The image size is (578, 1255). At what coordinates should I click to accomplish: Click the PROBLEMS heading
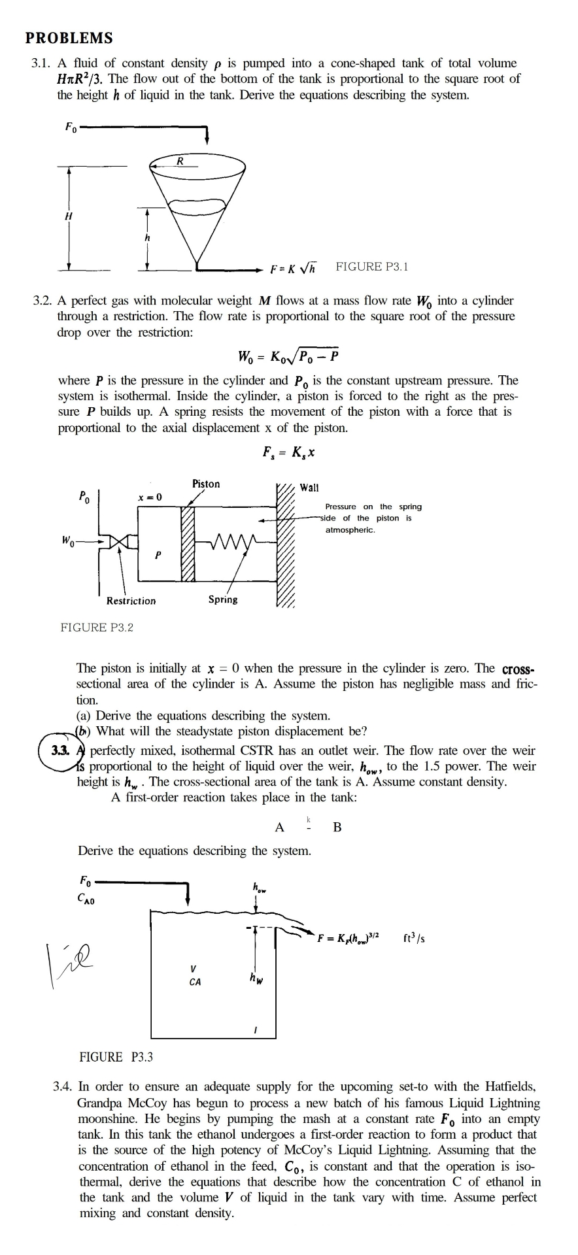pyautogui.click(x=69, y=38)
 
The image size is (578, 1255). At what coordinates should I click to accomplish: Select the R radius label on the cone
pyautogui.click(x=181, y=160)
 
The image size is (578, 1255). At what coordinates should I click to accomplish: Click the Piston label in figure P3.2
pyautogui.click(x=206, y=484)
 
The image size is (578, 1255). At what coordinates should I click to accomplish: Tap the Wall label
pyautogui.click(x=309, y=487)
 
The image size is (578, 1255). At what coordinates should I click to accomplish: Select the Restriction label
pyautogui.click(x=131, y=601)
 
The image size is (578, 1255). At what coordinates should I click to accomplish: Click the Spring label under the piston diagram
pyautogui.click(x=223, y=599)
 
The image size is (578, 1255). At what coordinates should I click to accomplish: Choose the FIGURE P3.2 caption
pyautogui.click(x=97, y=627)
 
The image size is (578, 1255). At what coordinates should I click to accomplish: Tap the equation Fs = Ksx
pyautogui.click(x=289, y=452)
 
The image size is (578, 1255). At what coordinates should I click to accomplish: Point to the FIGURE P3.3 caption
pyautogui.click(x=116, y=1057)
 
